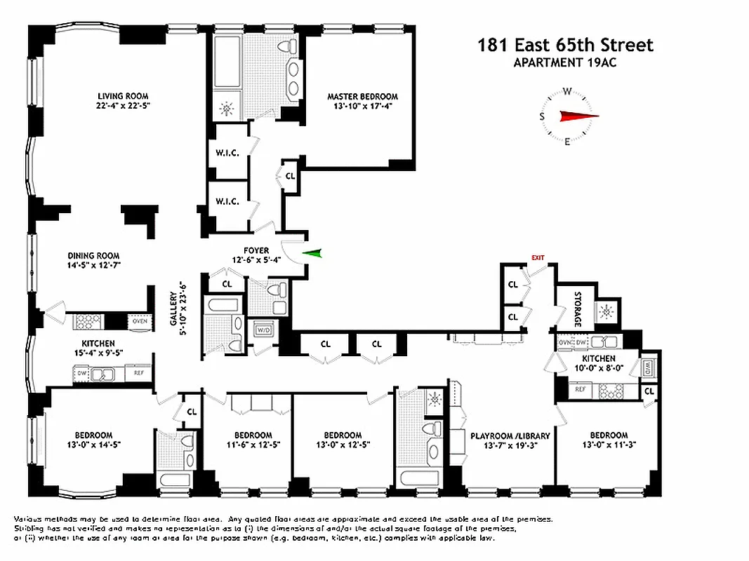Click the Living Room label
point(124,100)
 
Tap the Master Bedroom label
point(362,101)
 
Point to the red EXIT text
point(538,258)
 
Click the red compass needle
point(579,116)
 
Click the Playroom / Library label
point(510,440)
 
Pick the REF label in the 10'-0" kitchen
point(580,388)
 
